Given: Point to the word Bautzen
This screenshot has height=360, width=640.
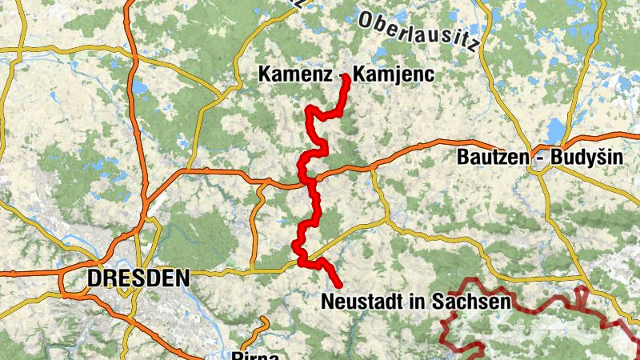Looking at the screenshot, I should pyautogui.click(x=490, y=157).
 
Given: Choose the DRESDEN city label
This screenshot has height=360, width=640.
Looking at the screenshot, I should pyautogui.click(x=139, y=278).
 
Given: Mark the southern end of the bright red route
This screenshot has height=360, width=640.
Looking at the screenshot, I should pyautogui.click(x=339, y=285).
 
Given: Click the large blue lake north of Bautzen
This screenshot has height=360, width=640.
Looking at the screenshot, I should pyautogui.click(x=554, y=128).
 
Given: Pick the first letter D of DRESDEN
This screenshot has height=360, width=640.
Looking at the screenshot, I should pyautogui.click(x=95, y=278).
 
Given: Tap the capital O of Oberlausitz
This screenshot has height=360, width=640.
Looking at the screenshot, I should pyautogui.click(x=366, y=18).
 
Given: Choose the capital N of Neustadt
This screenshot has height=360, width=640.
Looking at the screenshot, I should pyautogui.click(x=326, y=302).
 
